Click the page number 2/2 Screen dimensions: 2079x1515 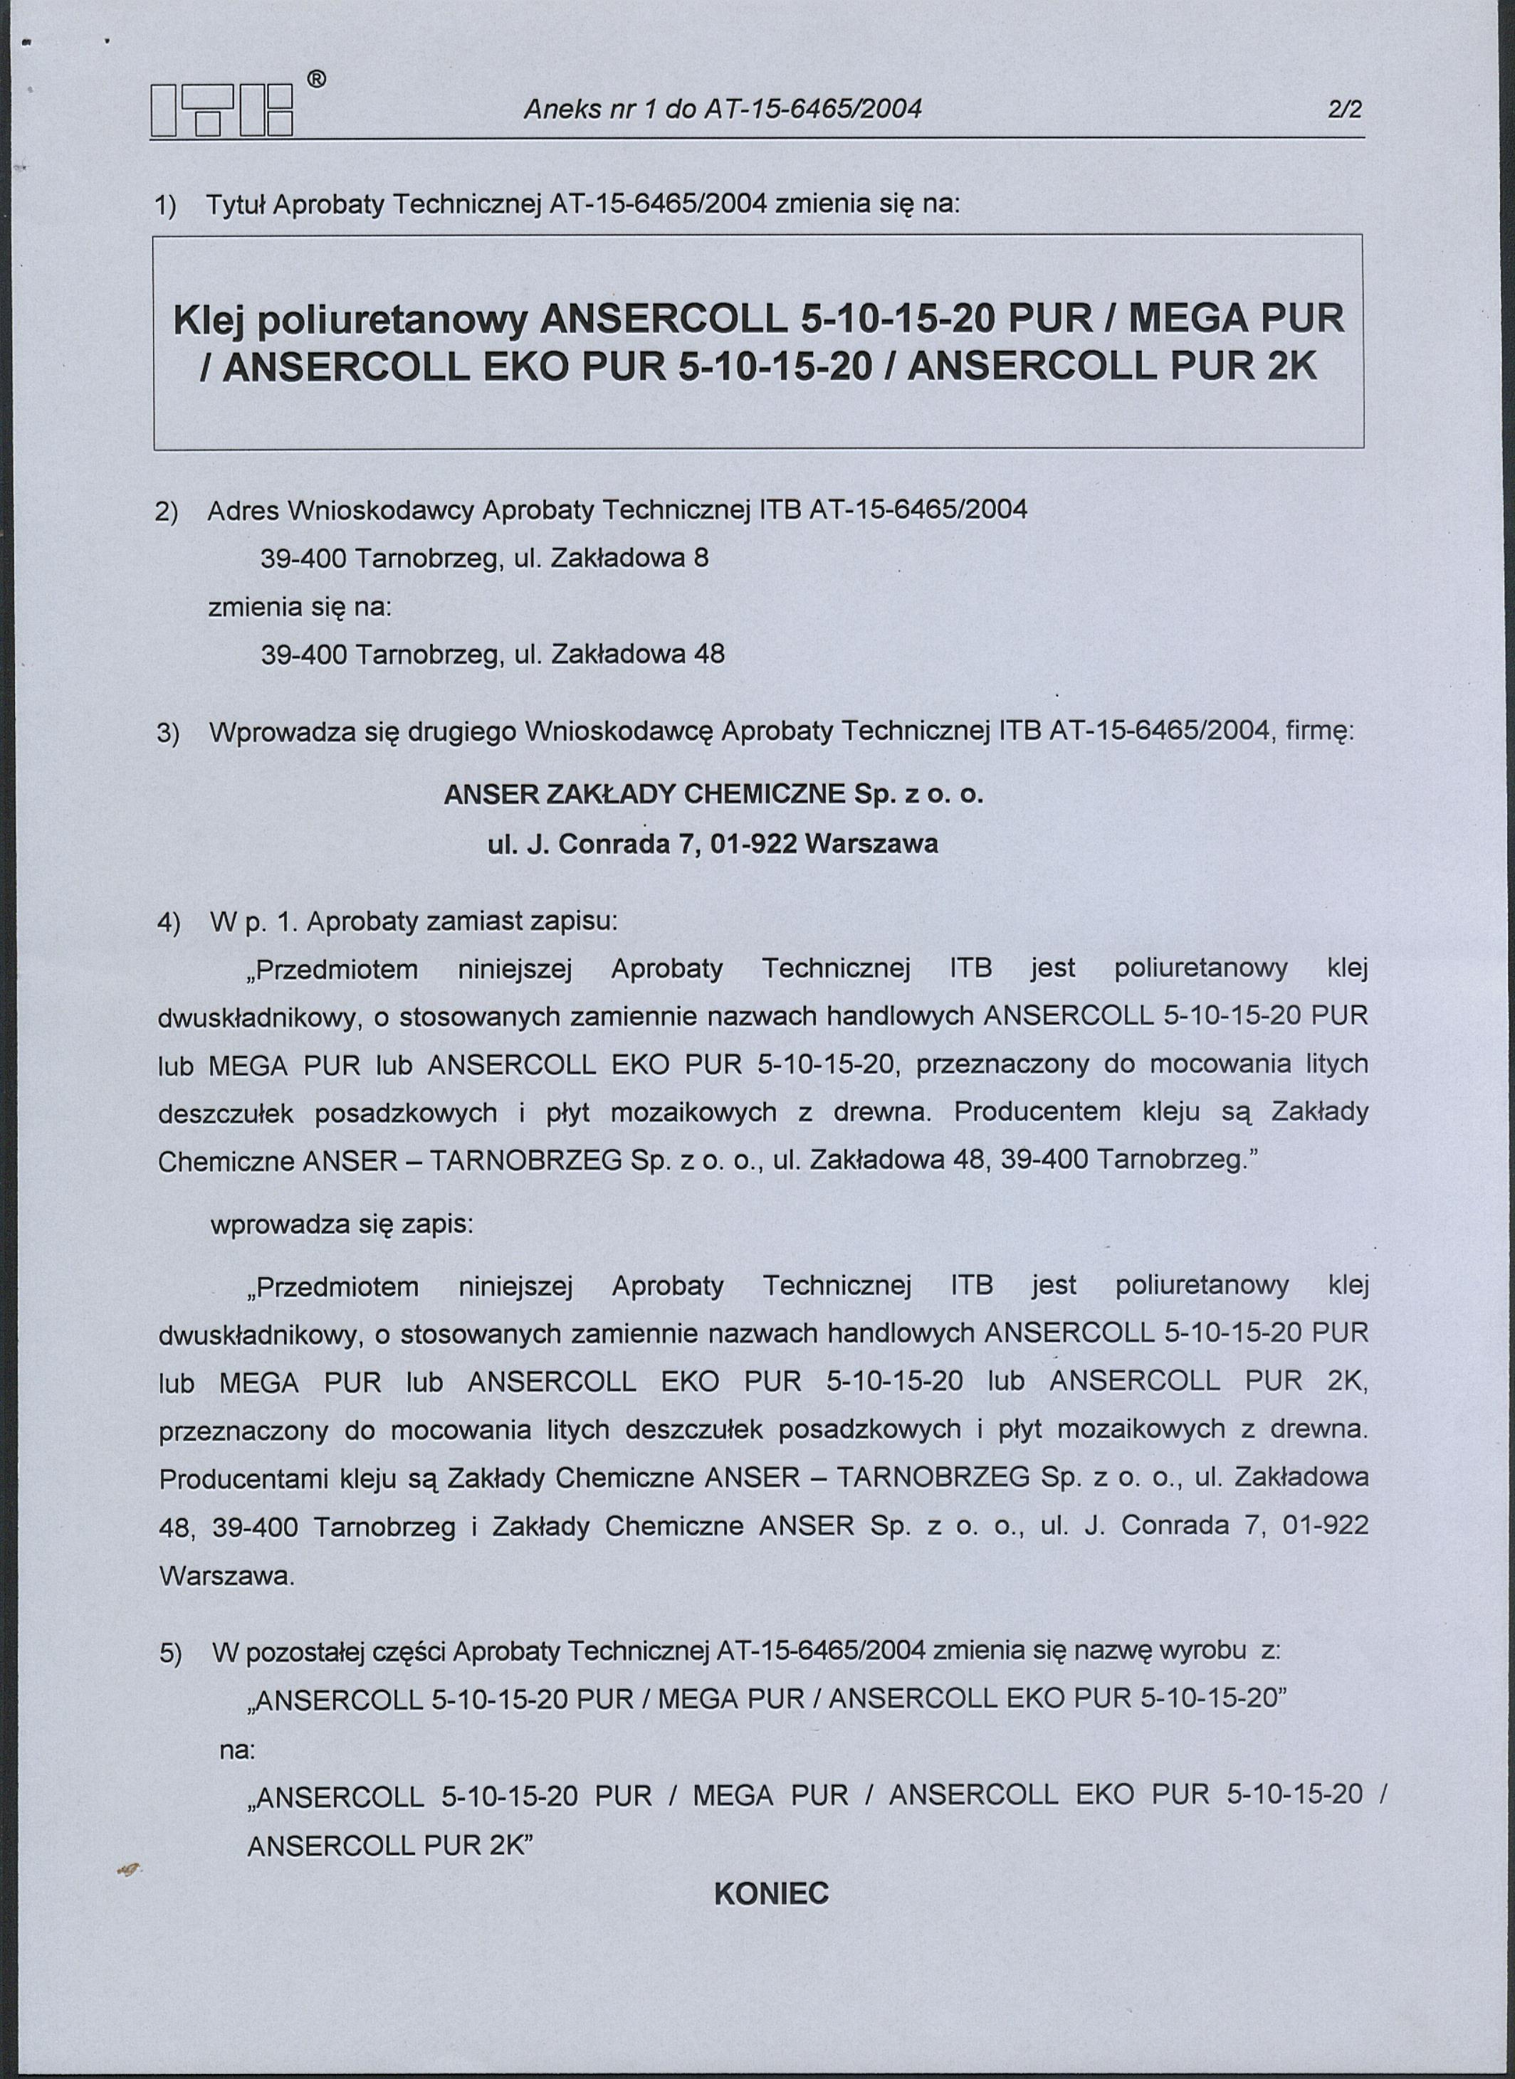(x=1344, y=110)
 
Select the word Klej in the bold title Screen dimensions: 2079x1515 (x=206, y=320)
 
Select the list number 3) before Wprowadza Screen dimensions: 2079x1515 (x=169, y=734)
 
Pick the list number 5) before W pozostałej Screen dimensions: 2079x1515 (x=171, y=1654)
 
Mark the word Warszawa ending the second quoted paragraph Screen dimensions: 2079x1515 (x=226, y=1577)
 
